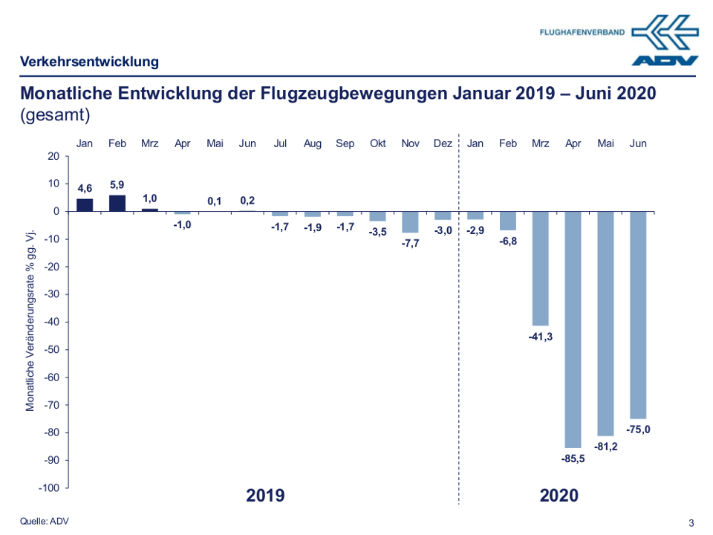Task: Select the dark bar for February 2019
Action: [x=117, y=204]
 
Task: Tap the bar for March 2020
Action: [x=540, y=268]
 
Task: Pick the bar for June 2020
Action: [x=638, y=315]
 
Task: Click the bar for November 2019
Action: [x=410, y=222]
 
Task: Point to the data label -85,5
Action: [x=573, y=459]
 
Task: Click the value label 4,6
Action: [x=85, y=189]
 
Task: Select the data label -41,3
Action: [x=540, y=337]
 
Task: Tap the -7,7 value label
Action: [x=410, y=243]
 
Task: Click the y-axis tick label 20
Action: [x=53, y=156]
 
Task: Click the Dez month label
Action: [x=443, y=143]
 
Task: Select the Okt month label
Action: [x=377, y=143]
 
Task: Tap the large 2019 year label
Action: [x=265, y=496]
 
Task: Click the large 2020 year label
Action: [x=559, y=496]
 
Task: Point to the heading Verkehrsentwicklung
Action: [x=90, y=62]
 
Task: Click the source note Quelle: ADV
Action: [x=45, y=521]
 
